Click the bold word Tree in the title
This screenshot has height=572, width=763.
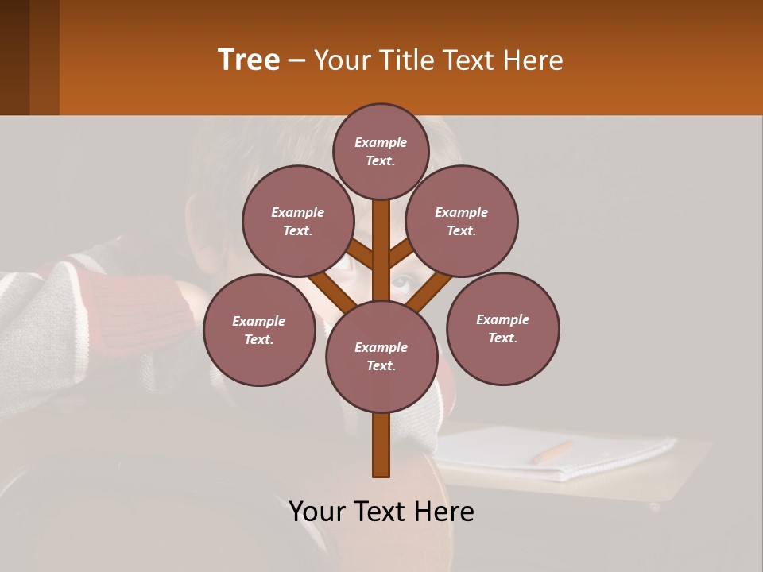249,60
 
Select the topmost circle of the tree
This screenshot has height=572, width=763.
381,151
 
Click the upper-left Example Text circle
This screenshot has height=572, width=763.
298,221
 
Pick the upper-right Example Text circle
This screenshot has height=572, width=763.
462,221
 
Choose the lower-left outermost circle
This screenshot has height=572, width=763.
259,330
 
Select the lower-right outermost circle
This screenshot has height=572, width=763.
503,328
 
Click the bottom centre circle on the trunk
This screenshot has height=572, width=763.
381,356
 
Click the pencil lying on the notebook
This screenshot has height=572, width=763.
552,452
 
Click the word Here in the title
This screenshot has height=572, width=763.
533,60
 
